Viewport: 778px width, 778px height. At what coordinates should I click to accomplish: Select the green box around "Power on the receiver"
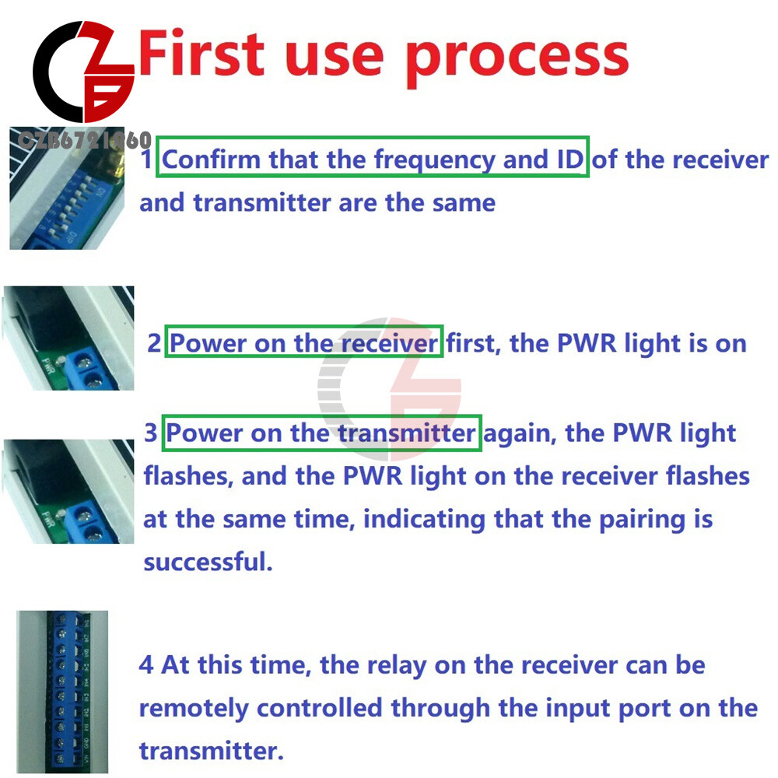point(304,342)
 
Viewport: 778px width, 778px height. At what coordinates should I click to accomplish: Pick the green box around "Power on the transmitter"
point(321,432)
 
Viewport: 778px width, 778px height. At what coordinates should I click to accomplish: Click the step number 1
point(147,160)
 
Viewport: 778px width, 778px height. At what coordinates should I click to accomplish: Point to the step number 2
point(155,343)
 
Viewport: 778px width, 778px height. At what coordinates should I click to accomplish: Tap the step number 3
point(151,433)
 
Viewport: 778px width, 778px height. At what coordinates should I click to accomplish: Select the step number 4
point(146,665)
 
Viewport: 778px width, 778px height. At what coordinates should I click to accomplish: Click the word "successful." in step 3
point(209,562)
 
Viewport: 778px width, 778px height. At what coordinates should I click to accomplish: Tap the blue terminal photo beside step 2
point(68,338)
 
